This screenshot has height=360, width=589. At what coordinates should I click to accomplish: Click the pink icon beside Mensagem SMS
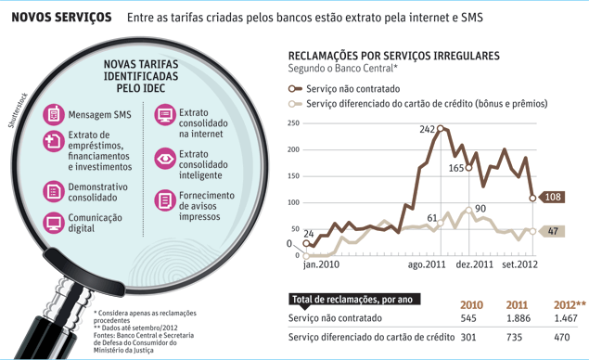pos(54,114)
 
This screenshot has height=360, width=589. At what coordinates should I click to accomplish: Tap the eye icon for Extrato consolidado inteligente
pos(165,159)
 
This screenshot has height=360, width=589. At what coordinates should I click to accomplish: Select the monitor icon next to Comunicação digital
pos(54,223)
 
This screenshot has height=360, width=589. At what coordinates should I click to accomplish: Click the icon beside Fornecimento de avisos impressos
pos(165,199)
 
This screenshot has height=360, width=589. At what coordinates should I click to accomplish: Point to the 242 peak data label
pos(427,129)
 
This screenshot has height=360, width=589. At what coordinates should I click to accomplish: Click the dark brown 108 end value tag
pos(552,197)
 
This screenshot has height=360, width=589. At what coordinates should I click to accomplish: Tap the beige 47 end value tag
pos(552,231)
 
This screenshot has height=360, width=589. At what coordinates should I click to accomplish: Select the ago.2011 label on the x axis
pos(427,264)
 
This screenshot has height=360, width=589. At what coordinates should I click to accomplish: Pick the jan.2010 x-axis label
pos(321,264)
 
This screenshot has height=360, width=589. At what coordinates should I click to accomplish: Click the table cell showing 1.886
pos(519,318)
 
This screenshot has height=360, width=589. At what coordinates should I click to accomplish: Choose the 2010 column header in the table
pos(471,304)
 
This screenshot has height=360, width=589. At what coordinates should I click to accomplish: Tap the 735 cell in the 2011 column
pos(514,337)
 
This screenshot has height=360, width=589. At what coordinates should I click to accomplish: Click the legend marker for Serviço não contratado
pos(295,89)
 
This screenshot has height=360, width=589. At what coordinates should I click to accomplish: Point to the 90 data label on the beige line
pos(480,208)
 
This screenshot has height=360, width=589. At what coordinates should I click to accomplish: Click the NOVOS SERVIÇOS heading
pos(61,18)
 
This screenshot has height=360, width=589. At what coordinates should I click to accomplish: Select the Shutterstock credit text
pos(18,110)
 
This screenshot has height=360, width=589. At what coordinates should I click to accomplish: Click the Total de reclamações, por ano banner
pos(354,299)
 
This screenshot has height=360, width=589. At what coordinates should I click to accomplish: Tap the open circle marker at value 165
pos(468,168)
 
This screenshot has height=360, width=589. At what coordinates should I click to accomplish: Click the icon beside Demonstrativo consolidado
pos(54,192)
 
